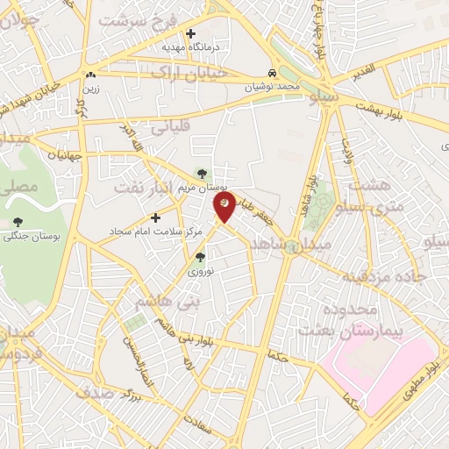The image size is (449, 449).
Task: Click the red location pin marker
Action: pyautogui.click(x=224, y=207)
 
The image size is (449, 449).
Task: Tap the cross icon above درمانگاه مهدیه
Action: pyautogui.click(x=190, y=33)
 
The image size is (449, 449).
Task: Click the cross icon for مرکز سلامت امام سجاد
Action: pyautogui.click(x=156, y=217)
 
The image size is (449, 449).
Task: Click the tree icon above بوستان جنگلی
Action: pyautogui.click(x=19, y=219)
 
